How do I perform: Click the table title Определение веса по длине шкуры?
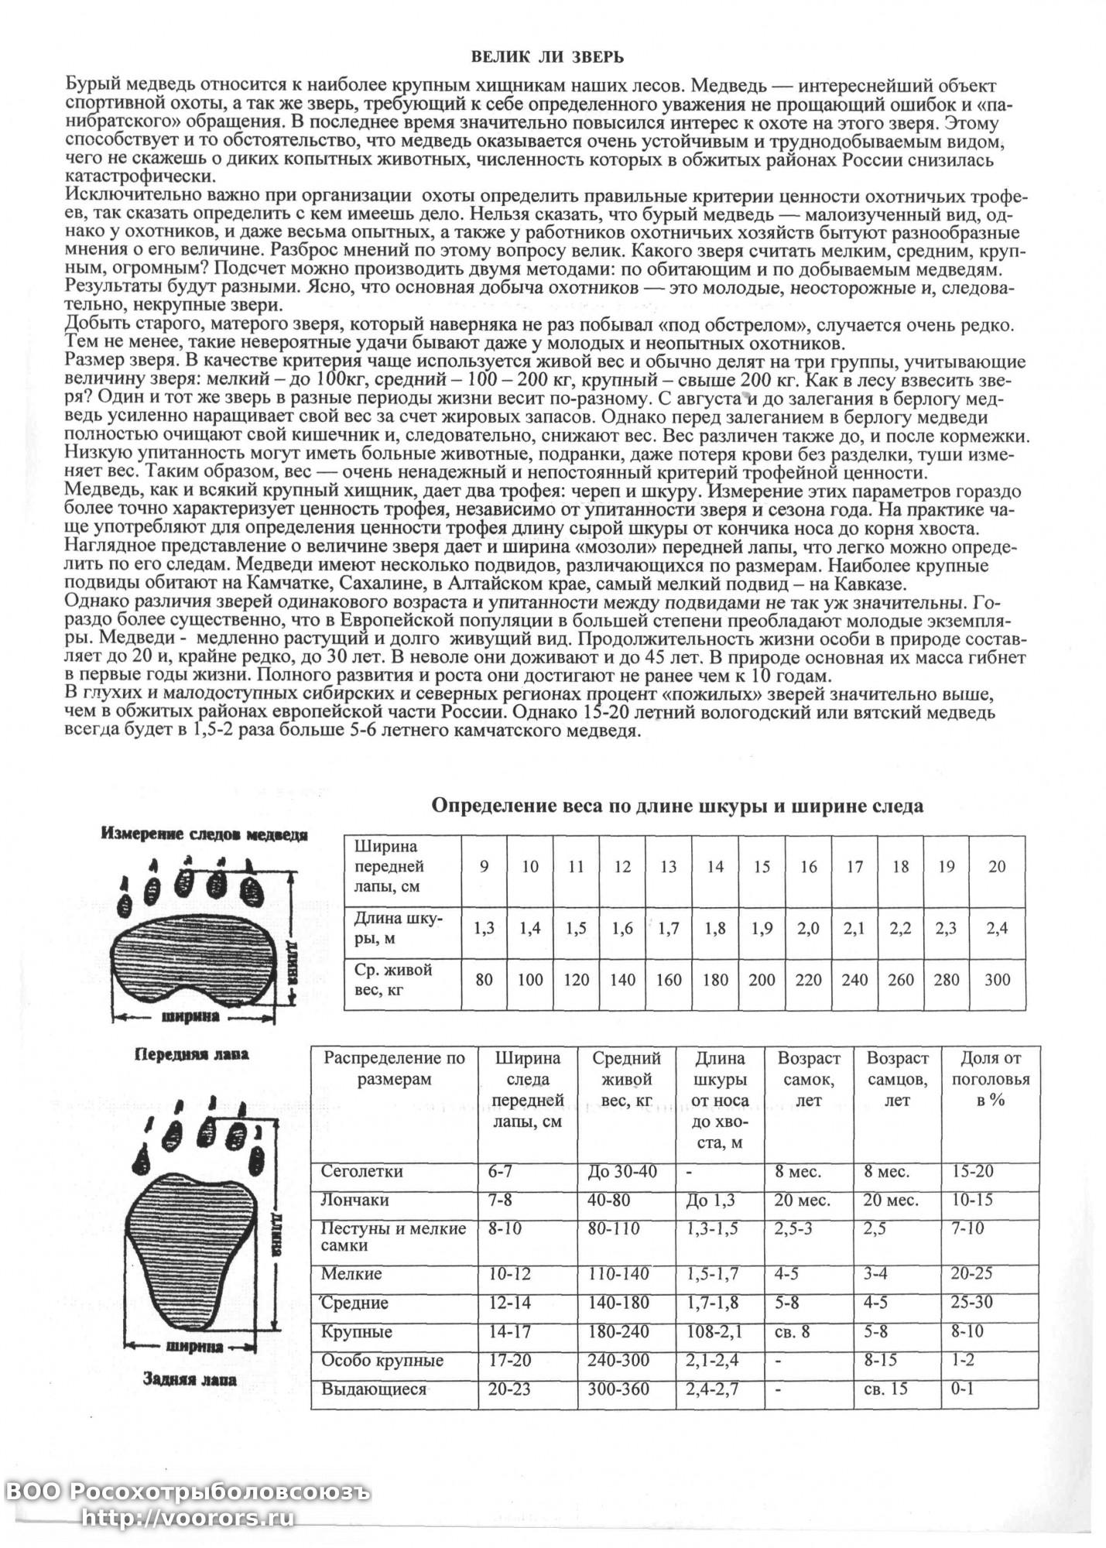(x=677, y=806)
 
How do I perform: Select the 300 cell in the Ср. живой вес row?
(x=997, y=980)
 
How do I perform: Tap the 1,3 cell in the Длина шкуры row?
(x=484, y=928)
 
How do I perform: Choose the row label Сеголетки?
(x=362, y=1172)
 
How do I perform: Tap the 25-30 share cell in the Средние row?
(x=971, y=1303)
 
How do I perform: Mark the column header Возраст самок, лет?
(x=809, y=1079)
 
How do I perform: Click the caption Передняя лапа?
(x=193, y=1054)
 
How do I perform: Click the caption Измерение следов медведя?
(x=204, y=835)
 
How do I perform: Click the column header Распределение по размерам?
(x=395, y=1068)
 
